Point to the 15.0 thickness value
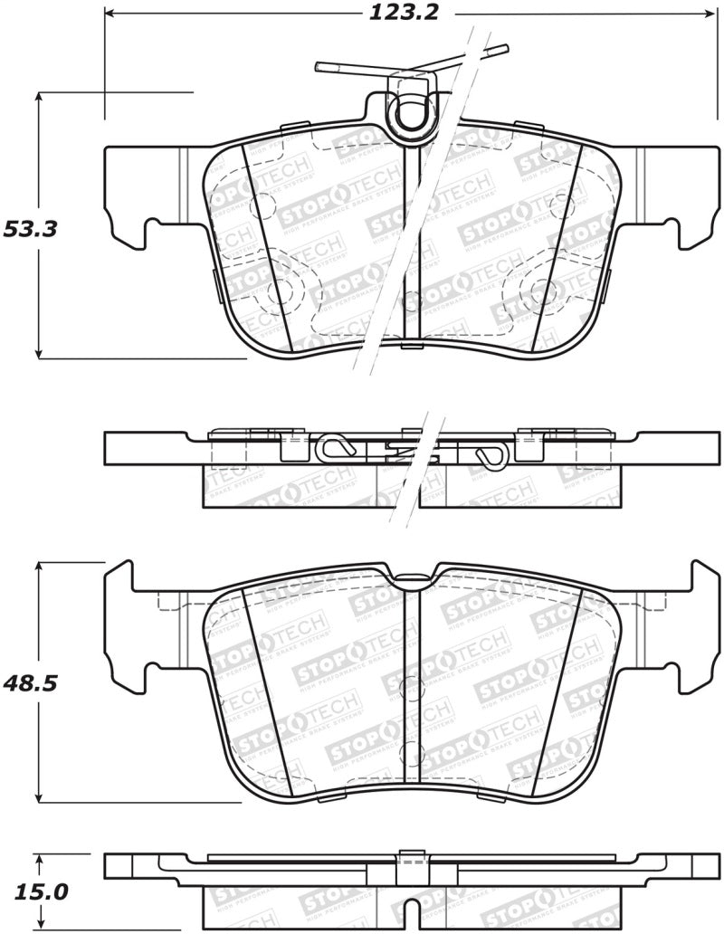pyautogui.click(x=36, y=891)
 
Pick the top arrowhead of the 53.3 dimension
pyautogui.click(x=39, y=99)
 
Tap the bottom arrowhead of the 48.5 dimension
pyautogui.click(x=39, y=796)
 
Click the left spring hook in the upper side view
pyautogui.click(x=332, y=447)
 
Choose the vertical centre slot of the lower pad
pyautogui.click(x=413, y=688)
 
